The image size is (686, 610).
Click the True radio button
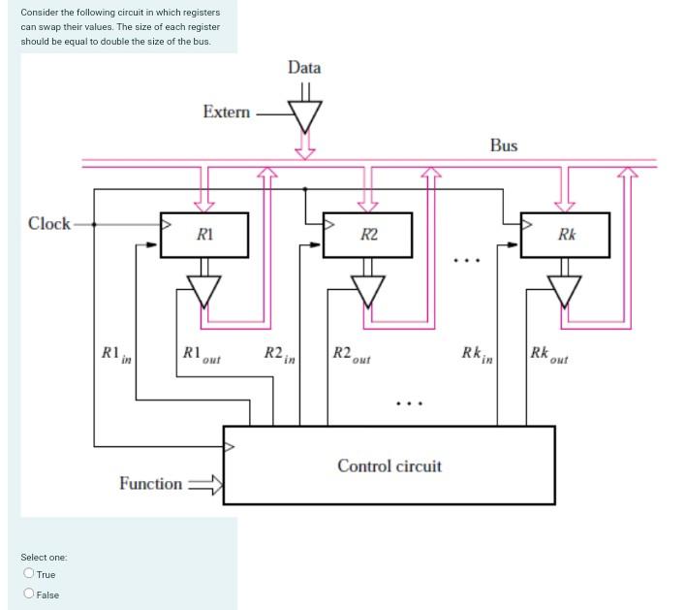(x=29, y=574)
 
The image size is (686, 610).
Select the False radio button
(x=29, y=594)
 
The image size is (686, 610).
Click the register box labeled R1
(x=204, y=235)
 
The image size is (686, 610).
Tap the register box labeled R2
(x=368, y=235)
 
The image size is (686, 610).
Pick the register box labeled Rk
(x=566, y=235)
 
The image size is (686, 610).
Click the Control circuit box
(x=389, y=466)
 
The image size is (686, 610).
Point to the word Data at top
(x=304, y=67)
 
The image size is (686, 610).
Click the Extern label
(x=226, y=112)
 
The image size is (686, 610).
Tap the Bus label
(x=503, y=145)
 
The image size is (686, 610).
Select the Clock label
(x=49, y=224)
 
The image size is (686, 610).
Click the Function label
(x=150, y=483)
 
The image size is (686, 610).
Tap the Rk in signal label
(x=477, y=355)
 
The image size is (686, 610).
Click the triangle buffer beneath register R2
(x=368, y=288)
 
